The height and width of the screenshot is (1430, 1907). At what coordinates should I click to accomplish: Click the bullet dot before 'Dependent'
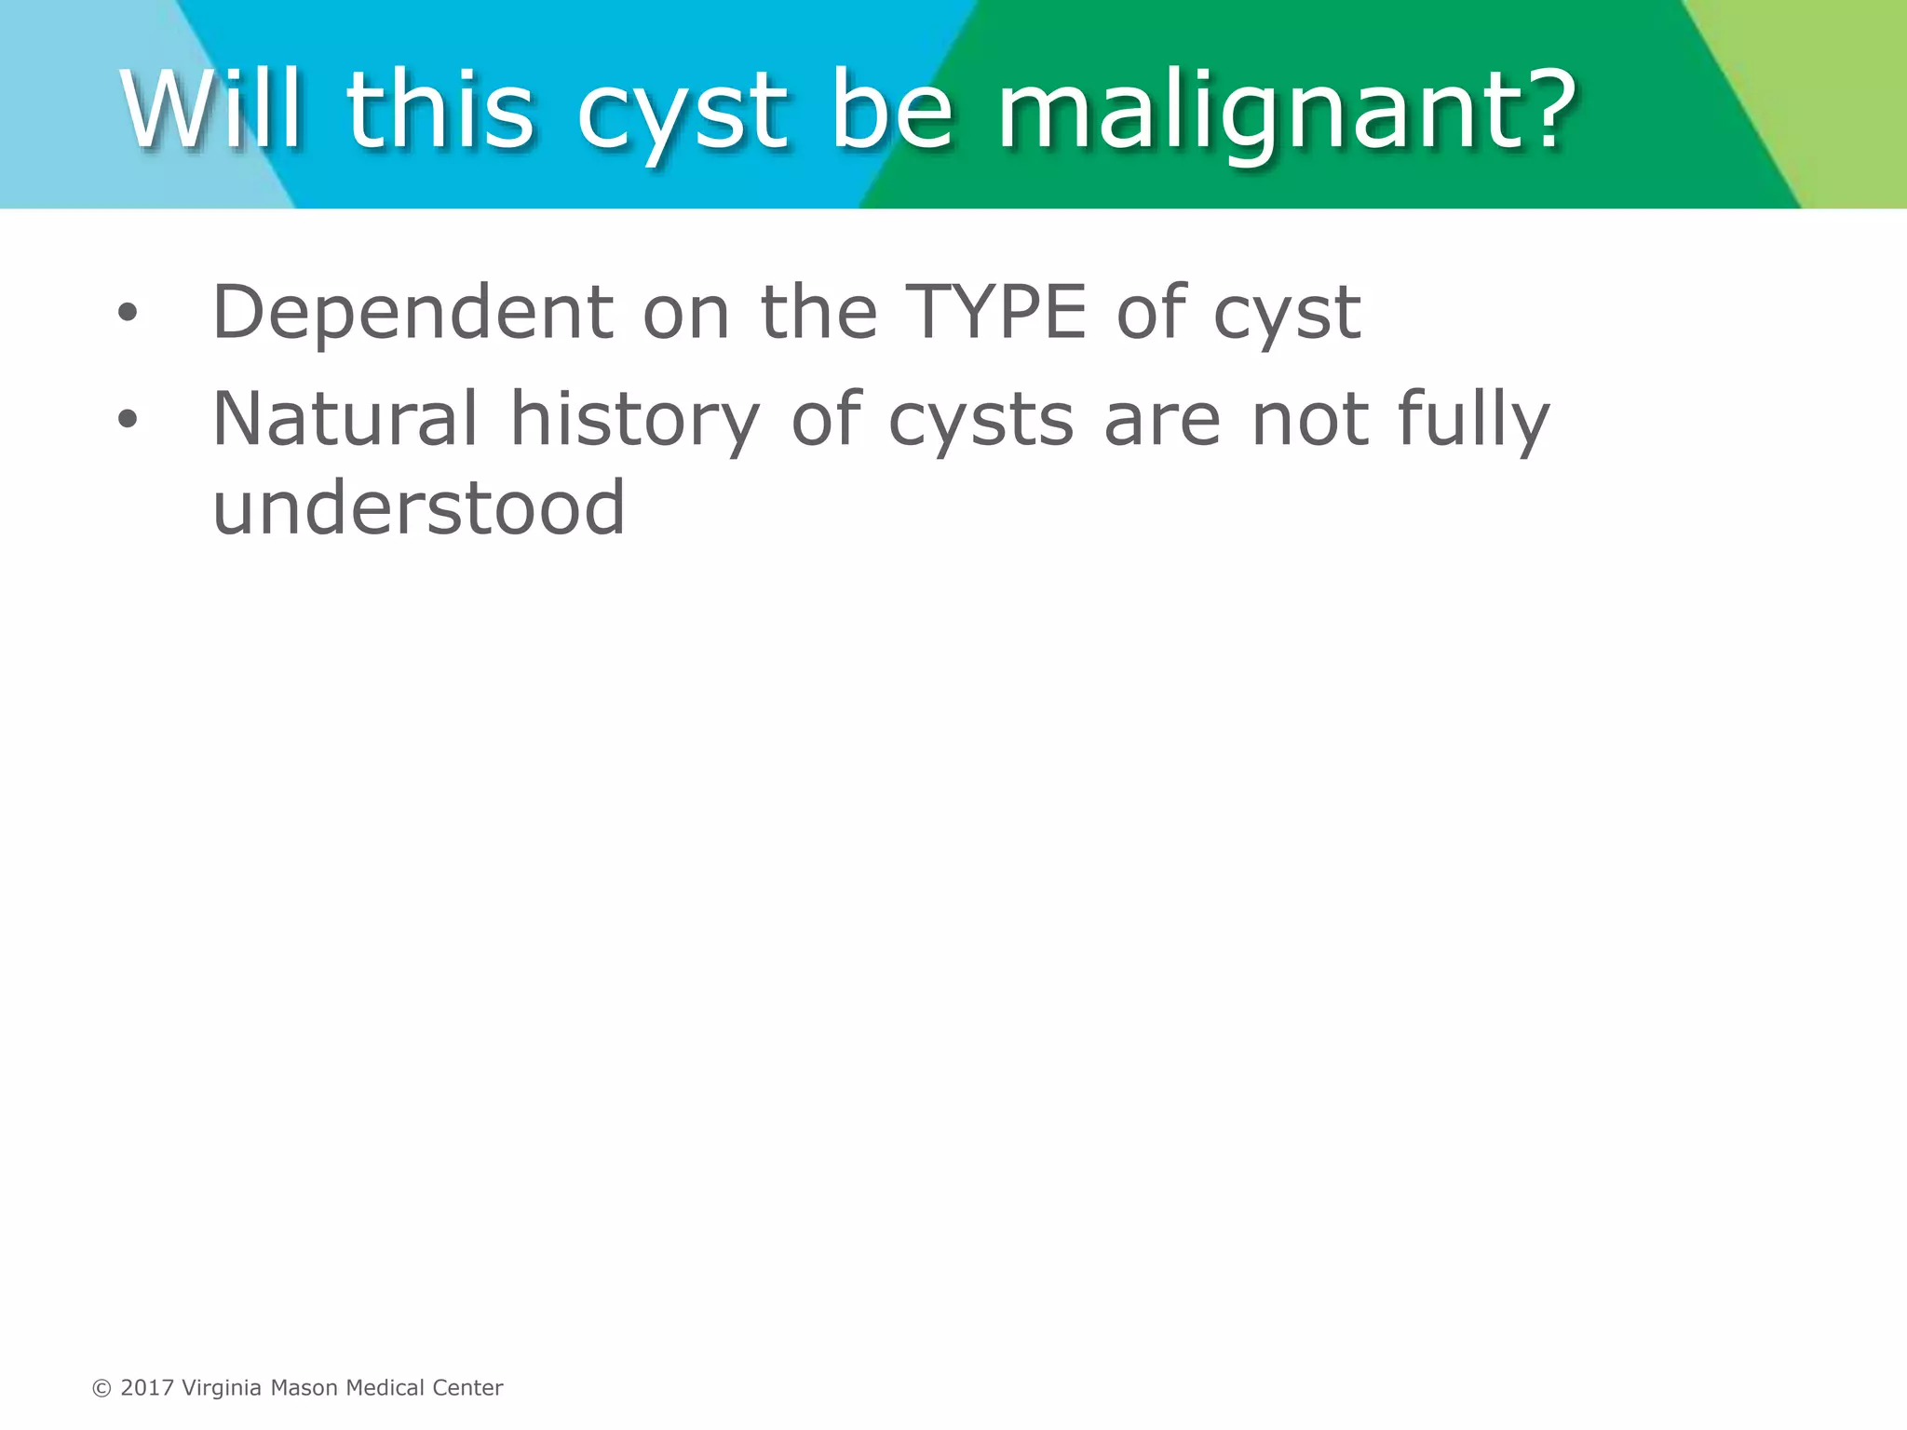click(128, 313)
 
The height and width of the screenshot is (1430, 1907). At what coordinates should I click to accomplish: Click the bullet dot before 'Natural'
click(128, 420)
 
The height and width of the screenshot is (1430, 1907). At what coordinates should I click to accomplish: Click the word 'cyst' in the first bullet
click(1287, 317)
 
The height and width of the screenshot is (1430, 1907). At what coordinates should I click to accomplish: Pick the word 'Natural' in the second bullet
click(345, 419)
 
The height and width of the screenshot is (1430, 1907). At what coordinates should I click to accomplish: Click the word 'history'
click(635, 421)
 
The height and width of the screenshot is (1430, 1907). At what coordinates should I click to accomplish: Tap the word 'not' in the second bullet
click(1308, 421)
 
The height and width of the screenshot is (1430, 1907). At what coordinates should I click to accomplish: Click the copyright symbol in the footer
click(101, 1388)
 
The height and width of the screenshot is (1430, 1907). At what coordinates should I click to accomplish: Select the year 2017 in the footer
click(147, 1388)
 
